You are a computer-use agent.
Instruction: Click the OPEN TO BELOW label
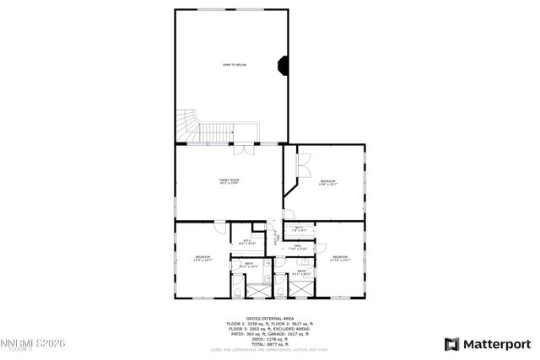234,65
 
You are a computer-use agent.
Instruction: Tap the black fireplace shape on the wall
284,65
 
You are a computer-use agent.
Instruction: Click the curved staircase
187,126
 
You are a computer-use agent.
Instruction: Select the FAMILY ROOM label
229,181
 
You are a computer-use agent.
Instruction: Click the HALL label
298,246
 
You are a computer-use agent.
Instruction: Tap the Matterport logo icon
451,343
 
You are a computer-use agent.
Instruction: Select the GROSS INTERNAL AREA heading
269,319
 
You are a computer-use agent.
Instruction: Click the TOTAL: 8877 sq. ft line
269,344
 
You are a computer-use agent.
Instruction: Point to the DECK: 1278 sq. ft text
269,339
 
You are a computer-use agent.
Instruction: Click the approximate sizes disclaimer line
269,349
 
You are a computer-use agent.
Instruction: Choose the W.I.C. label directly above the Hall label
299,228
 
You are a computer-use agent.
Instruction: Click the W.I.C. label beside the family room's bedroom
247,243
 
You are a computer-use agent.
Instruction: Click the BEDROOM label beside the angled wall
327,183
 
